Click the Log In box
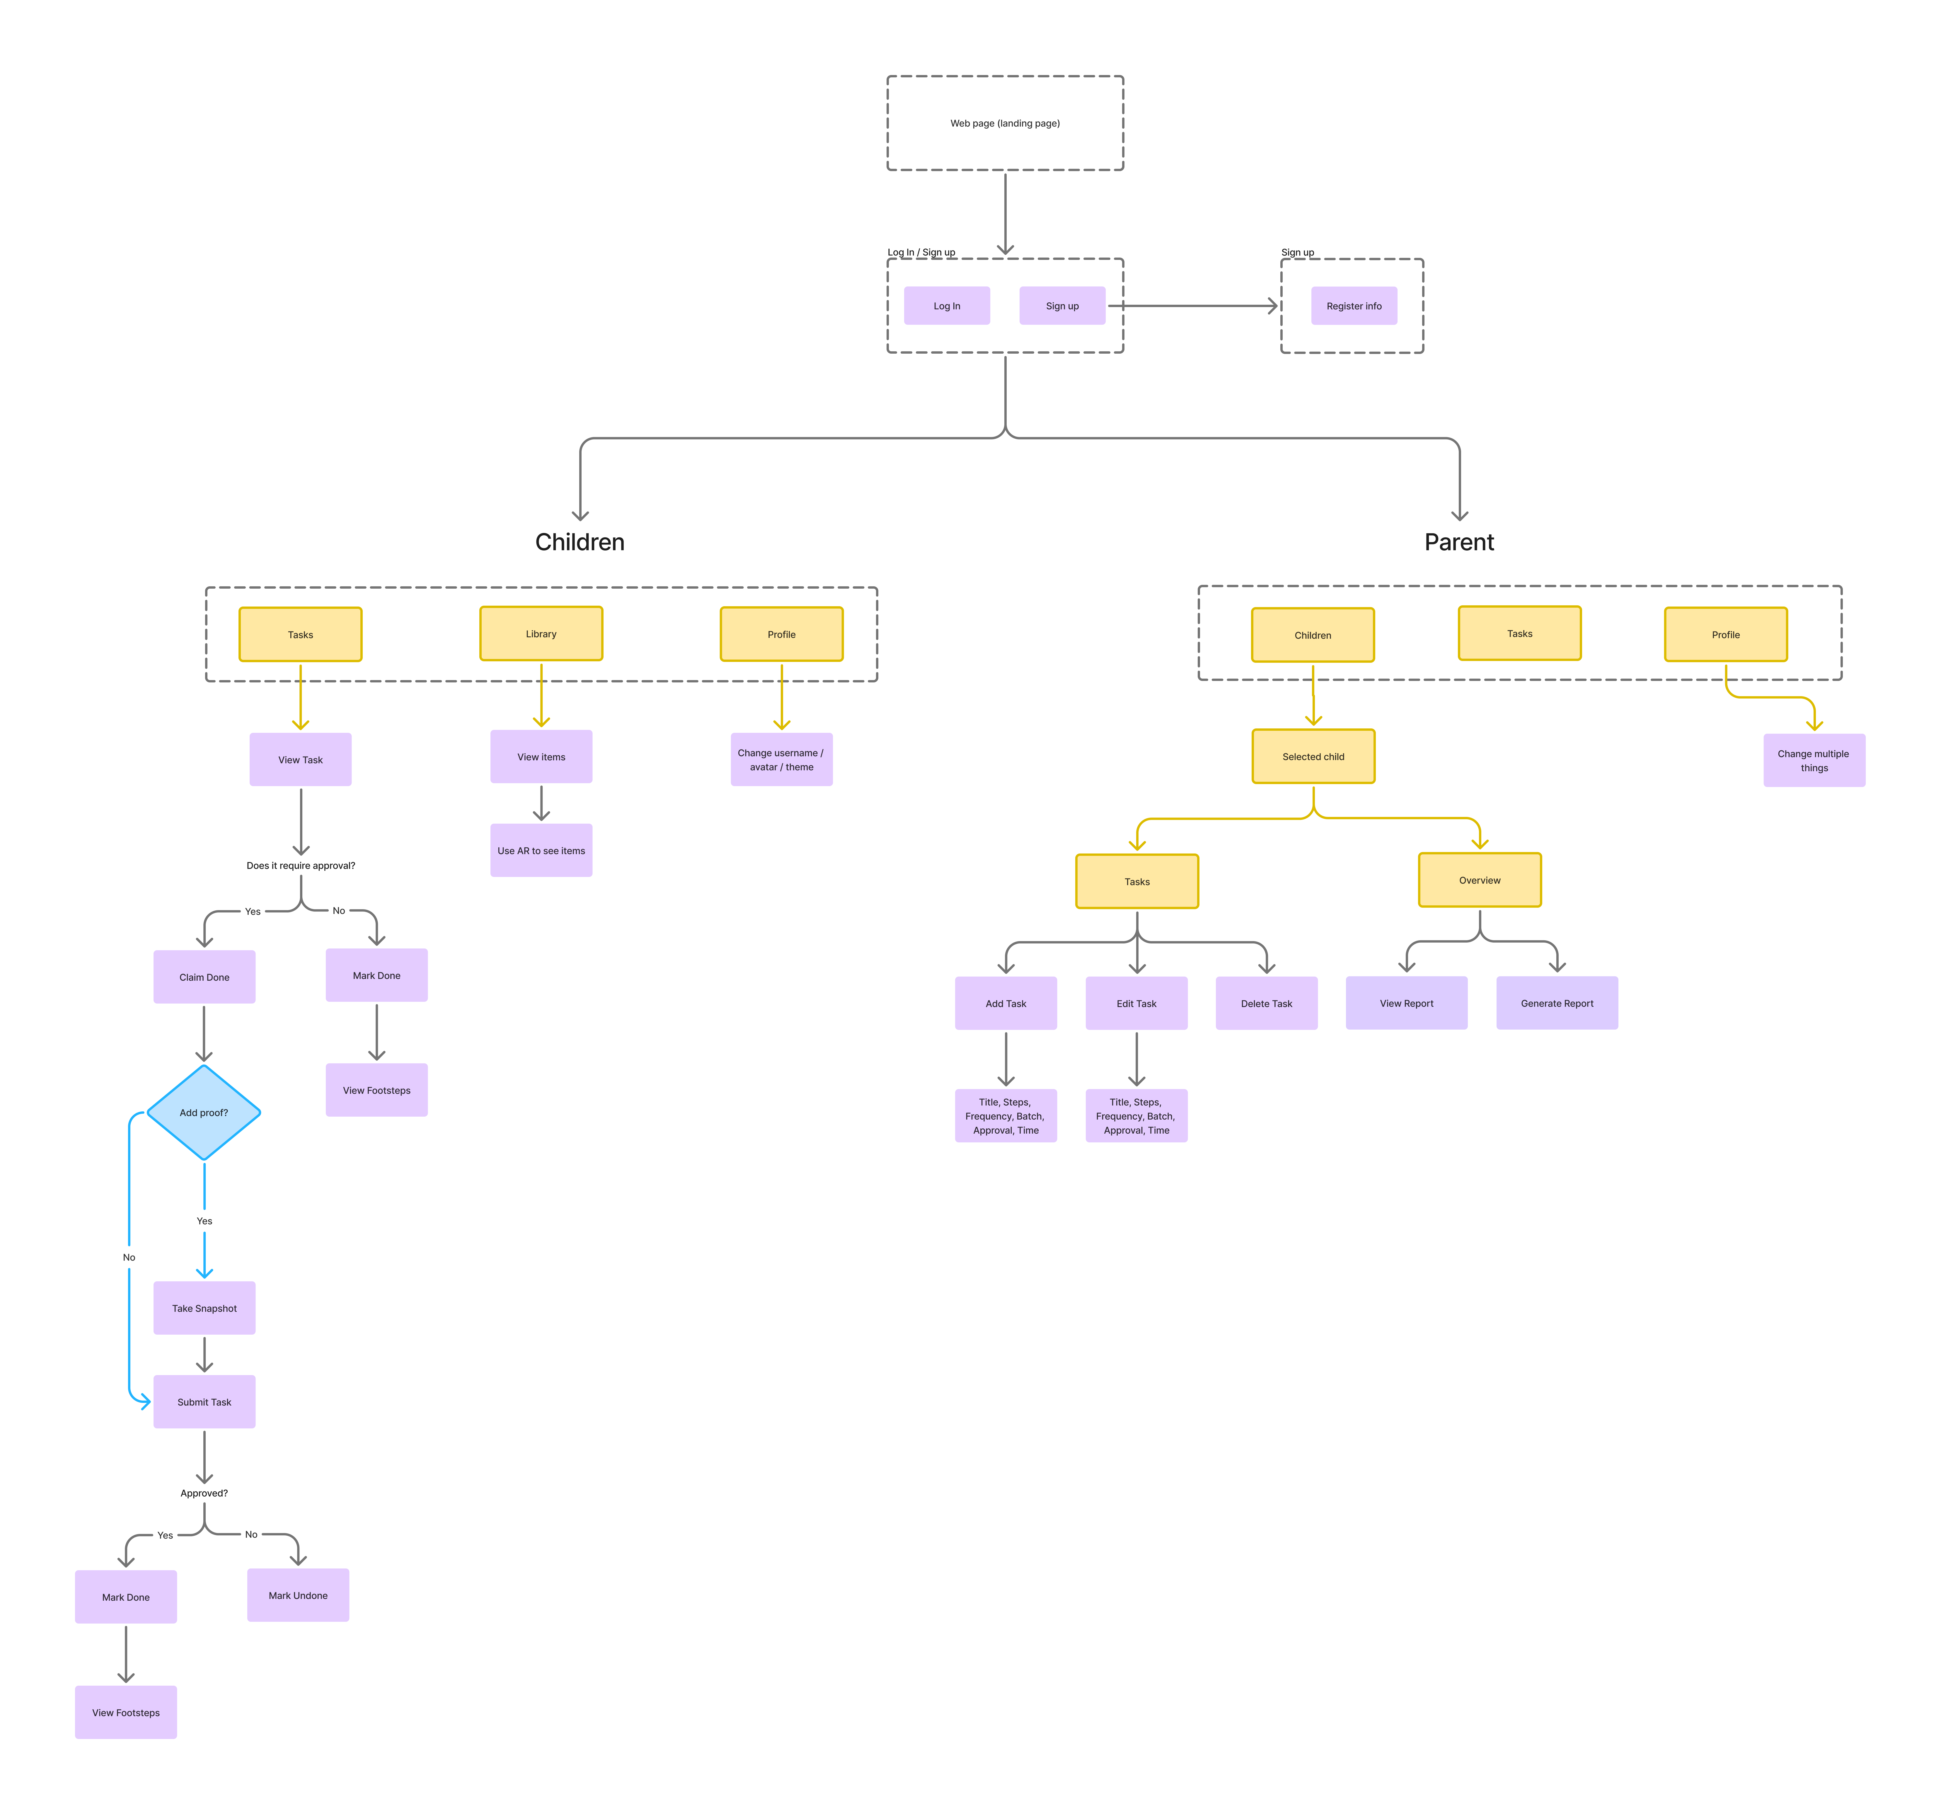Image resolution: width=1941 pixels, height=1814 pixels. [946, 306]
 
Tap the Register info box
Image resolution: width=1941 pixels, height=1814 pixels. [1353, 306]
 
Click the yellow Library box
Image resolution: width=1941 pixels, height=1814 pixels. [541, 634]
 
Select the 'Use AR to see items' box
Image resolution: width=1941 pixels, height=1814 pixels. [541, 850]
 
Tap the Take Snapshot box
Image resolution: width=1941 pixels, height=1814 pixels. [204, 1308]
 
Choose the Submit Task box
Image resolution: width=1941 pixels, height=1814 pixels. [204, 1402]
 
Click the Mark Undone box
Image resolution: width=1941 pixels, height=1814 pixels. [298, 1595]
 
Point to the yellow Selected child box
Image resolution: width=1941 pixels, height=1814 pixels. [1313, 757]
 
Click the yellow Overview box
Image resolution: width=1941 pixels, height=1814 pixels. [1479, 880]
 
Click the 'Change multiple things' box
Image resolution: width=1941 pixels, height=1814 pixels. [1813, 761]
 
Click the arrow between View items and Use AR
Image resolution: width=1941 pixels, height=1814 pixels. [541, 803]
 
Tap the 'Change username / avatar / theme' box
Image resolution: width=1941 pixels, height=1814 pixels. [781, 759]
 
